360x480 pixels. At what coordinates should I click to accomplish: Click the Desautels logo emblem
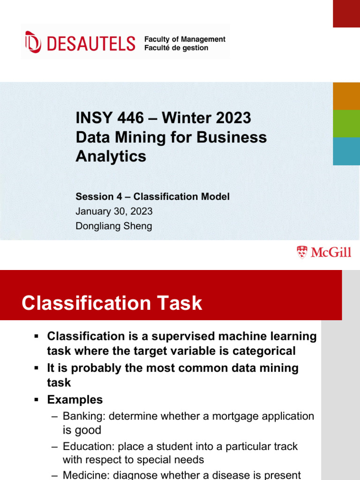(33, 42)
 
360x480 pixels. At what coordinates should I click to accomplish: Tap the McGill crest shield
(302, 252)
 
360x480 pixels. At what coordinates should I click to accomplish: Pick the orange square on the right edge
(346, 96)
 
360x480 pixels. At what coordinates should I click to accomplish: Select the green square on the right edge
(346, 124)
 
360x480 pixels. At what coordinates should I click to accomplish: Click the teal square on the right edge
(346, 151)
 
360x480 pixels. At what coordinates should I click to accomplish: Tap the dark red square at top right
(346, 13)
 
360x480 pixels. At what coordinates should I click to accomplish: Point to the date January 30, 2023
(114, 211)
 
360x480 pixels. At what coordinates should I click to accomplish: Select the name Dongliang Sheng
(114, 226)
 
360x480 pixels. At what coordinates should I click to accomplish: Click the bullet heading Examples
(75, 400)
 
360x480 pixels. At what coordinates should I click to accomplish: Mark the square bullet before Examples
(37, 400)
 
